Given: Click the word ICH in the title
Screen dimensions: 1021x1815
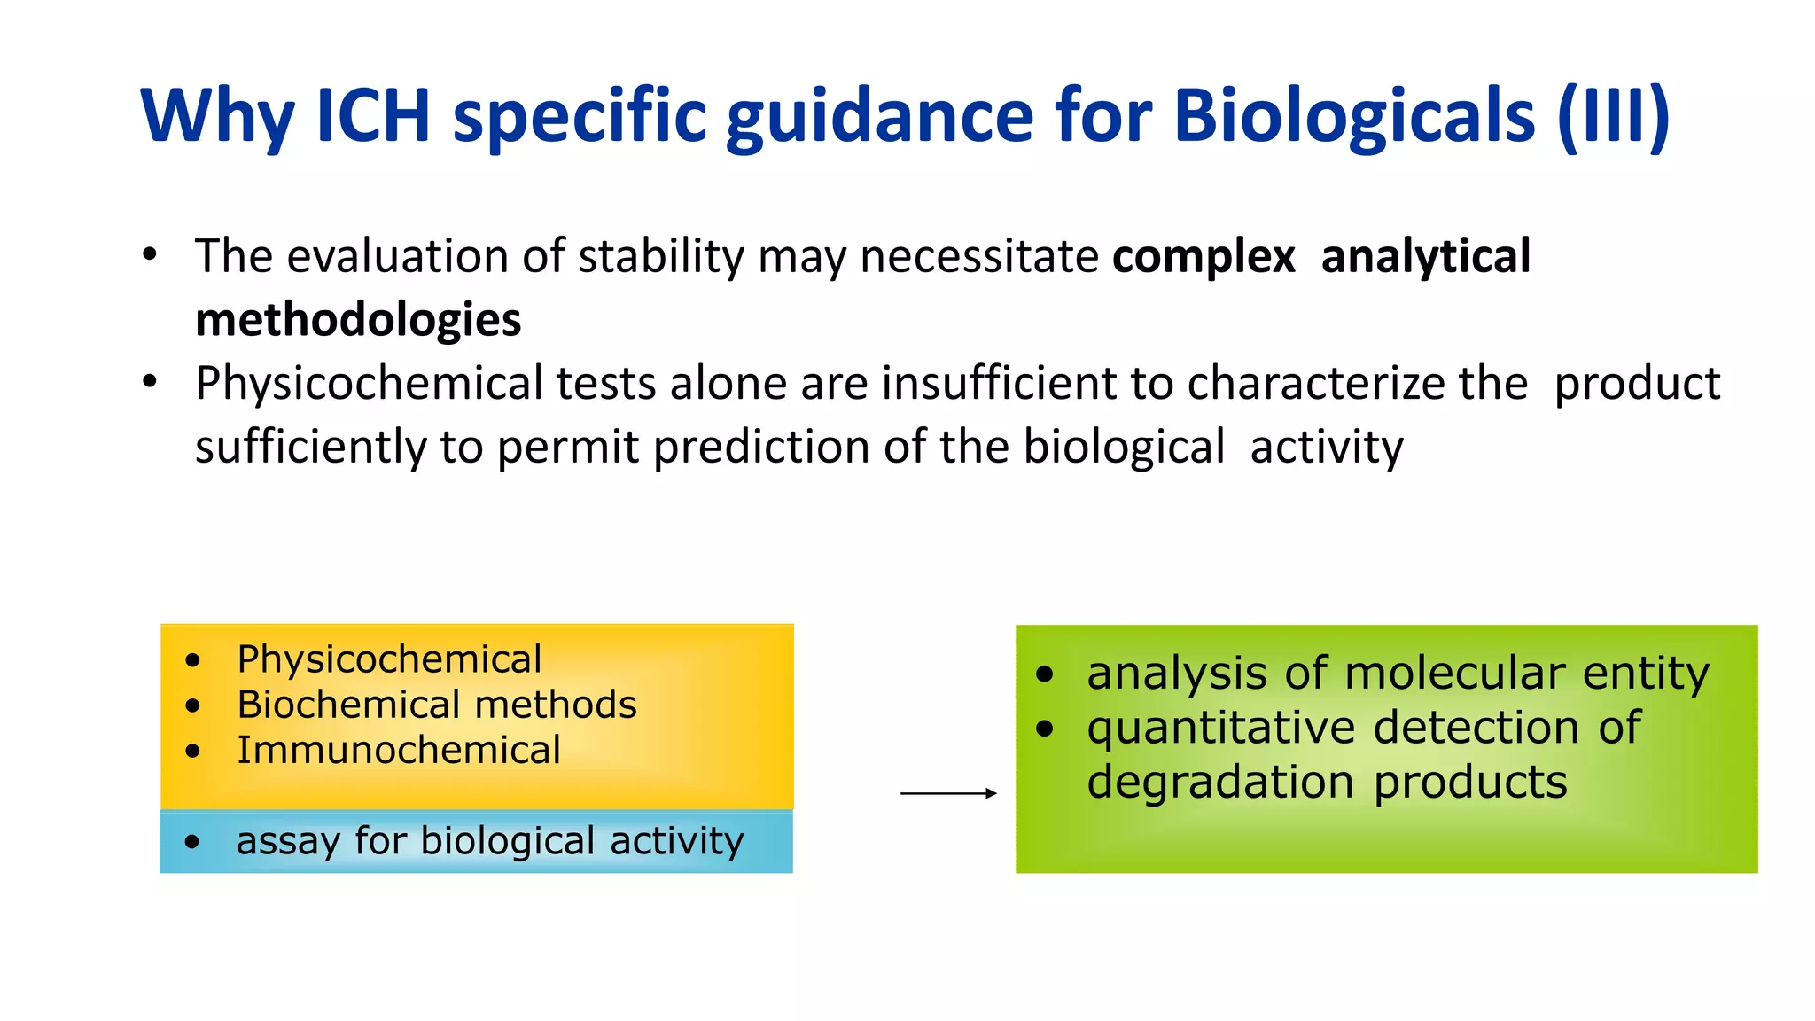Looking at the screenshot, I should [372, 115].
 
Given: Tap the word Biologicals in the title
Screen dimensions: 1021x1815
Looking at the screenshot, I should [1354, 115].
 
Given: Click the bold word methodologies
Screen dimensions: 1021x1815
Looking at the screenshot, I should [358, 320].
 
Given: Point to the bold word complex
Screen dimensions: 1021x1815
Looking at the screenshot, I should [1204, 257].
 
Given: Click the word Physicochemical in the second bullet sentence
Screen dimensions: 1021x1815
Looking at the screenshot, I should [369, 384].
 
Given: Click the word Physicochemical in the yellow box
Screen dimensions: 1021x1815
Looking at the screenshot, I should [389, 659].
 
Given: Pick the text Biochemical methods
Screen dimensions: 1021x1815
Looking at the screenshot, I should [436, 705].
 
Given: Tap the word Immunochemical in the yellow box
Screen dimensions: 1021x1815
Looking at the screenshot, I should [398, 751].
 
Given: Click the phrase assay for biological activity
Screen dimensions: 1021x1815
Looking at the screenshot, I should [489, 841].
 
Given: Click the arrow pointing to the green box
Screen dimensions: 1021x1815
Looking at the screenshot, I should [948, 793].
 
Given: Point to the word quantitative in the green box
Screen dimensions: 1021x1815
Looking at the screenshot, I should [1221, 729].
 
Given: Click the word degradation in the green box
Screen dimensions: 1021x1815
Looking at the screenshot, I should [1219, 783].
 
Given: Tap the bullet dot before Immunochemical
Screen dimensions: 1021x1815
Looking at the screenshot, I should [193, 752].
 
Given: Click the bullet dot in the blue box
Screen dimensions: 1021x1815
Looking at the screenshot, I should [192, 842].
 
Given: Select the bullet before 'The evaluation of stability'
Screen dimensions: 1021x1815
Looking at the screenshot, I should [150, 256].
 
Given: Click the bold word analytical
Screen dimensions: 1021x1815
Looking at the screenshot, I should [1425, 257].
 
